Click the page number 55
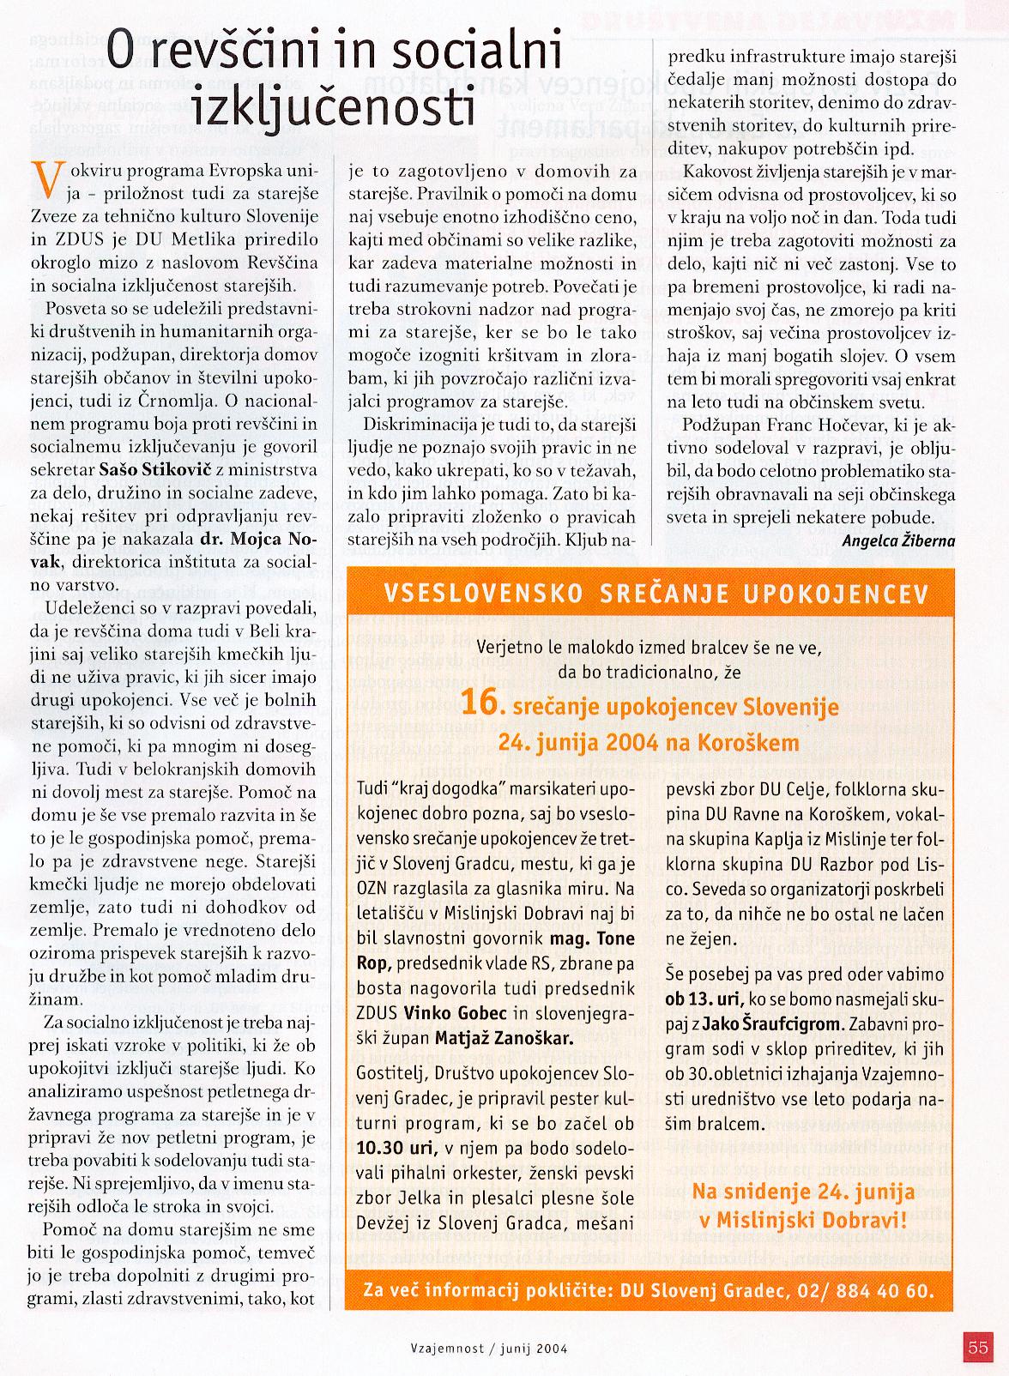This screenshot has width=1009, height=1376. coord(977,1346)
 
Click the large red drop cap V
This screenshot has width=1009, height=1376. coord(51,179)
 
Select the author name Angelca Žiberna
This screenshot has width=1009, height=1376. coord(898,540)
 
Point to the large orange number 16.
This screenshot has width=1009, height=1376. coord(477,704)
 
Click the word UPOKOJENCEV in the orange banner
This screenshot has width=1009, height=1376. coord(838,593)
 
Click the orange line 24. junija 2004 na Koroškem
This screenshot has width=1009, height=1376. coord(649,742)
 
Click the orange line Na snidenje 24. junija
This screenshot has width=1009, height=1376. coord(803,1192)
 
